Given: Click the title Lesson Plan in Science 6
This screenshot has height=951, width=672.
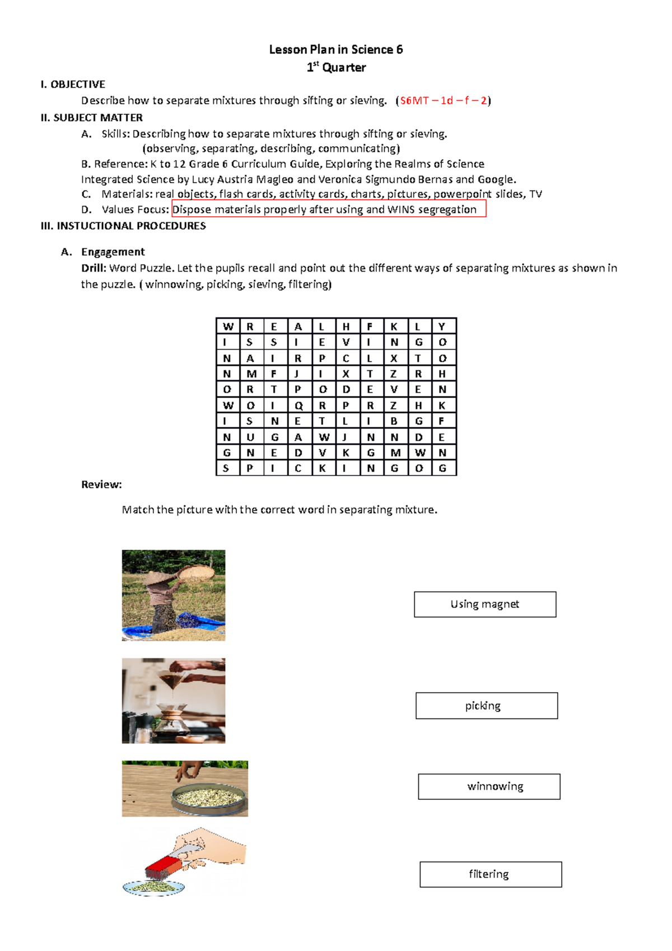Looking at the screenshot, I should click(x=335, y=50).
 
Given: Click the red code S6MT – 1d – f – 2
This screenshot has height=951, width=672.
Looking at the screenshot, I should click(x=443, y=101).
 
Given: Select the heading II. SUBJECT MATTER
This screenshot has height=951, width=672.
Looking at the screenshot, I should click(x=92, y=118).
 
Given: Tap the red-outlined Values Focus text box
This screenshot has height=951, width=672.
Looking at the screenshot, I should click(x=329, y=209).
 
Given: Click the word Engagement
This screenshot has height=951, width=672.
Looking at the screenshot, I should click(x=113, y=252).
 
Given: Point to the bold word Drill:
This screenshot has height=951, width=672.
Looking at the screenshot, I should click(x=94, y=268).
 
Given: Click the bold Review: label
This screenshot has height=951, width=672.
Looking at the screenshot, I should click(x=101, y=484).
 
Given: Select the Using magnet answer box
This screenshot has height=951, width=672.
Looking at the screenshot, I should click(x=485, y=604).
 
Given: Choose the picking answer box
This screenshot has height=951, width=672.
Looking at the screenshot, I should click(x=486, y=706).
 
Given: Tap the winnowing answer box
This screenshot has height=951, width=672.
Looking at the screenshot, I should click(x=489, y=786).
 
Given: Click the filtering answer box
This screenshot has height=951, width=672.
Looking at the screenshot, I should click(x=491, y=874).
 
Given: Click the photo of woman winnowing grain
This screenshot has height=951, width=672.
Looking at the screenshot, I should click(x=173, y=595).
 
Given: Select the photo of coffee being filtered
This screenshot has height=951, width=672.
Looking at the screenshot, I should click(x=173, y=701).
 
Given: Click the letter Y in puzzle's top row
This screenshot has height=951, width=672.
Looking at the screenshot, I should click(x=442, y=327).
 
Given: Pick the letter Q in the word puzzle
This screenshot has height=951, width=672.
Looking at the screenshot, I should click(x=298, y=405).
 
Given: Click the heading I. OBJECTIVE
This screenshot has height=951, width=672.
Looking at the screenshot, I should click(x=73, y=85).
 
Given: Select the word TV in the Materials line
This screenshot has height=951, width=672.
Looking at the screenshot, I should click(x=535, y=194).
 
